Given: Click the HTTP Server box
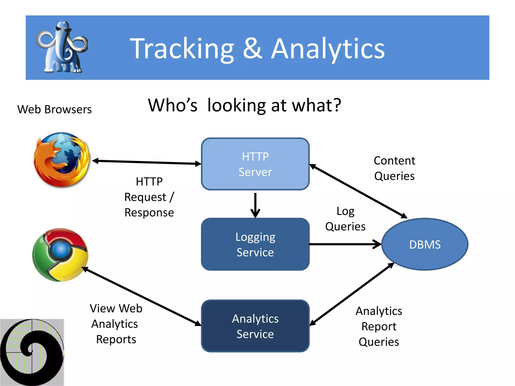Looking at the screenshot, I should [x=255, y=164].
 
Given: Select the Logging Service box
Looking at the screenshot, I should [x=255, y=244].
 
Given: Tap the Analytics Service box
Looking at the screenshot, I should [x=255, y=326].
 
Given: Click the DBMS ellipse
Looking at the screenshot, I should [x=425, y=244].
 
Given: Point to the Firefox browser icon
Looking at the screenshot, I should [x=62, y=160].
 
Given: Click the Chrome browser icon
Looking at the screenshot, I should [x=60, y=255].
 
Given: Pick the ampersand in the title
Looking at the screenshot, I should [x=252, y=48].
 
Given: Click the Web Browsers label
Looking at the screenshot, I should [x=54, y=110].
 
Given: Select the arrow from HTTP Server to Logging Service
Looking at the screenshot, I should [x=255, y=205].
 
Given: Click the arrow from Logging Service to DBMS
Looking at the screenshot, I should [x=345, y=244].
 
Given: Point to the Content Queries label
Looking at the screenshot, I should [x=394, y=168].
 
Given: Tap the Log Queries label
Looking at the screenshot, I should [x=345, y=219].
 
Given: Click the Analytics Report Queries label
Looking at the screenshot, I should [x=379, y=326].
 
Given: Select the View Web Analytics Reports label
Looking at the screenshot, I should [x=116, y=324].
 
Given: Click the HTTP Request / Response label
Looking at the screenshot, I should [x=149, y=197].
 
